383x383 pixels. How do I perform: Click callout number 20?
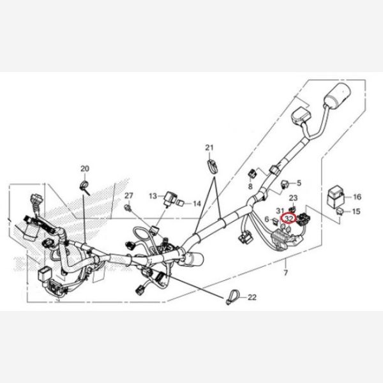[x=84, y=169]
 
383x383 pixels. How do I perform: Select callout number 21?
[x=208, y=149]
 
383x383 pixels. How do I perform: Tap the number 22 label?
[x=252, y=297]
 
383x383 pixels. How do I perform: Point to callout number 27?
[x=128, y=195]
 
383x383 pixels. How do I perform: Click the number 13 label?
[x=153, y=195]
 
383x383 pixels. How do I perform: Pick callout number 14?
[x=197, y=203]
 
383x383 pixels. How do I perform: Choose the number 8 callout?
[x=250, y=186]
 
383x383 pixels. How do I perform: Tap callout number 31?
[x=280, y=211]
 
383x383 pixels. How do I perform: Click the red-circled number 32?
[x=289, y=218]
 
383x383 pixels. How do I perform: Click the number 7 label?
[x=286, y=273]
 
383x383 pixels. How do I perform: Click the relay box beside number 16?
[x=336, y=194]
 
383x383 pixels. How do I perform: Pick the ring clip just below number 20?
[x=84, y=186]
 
